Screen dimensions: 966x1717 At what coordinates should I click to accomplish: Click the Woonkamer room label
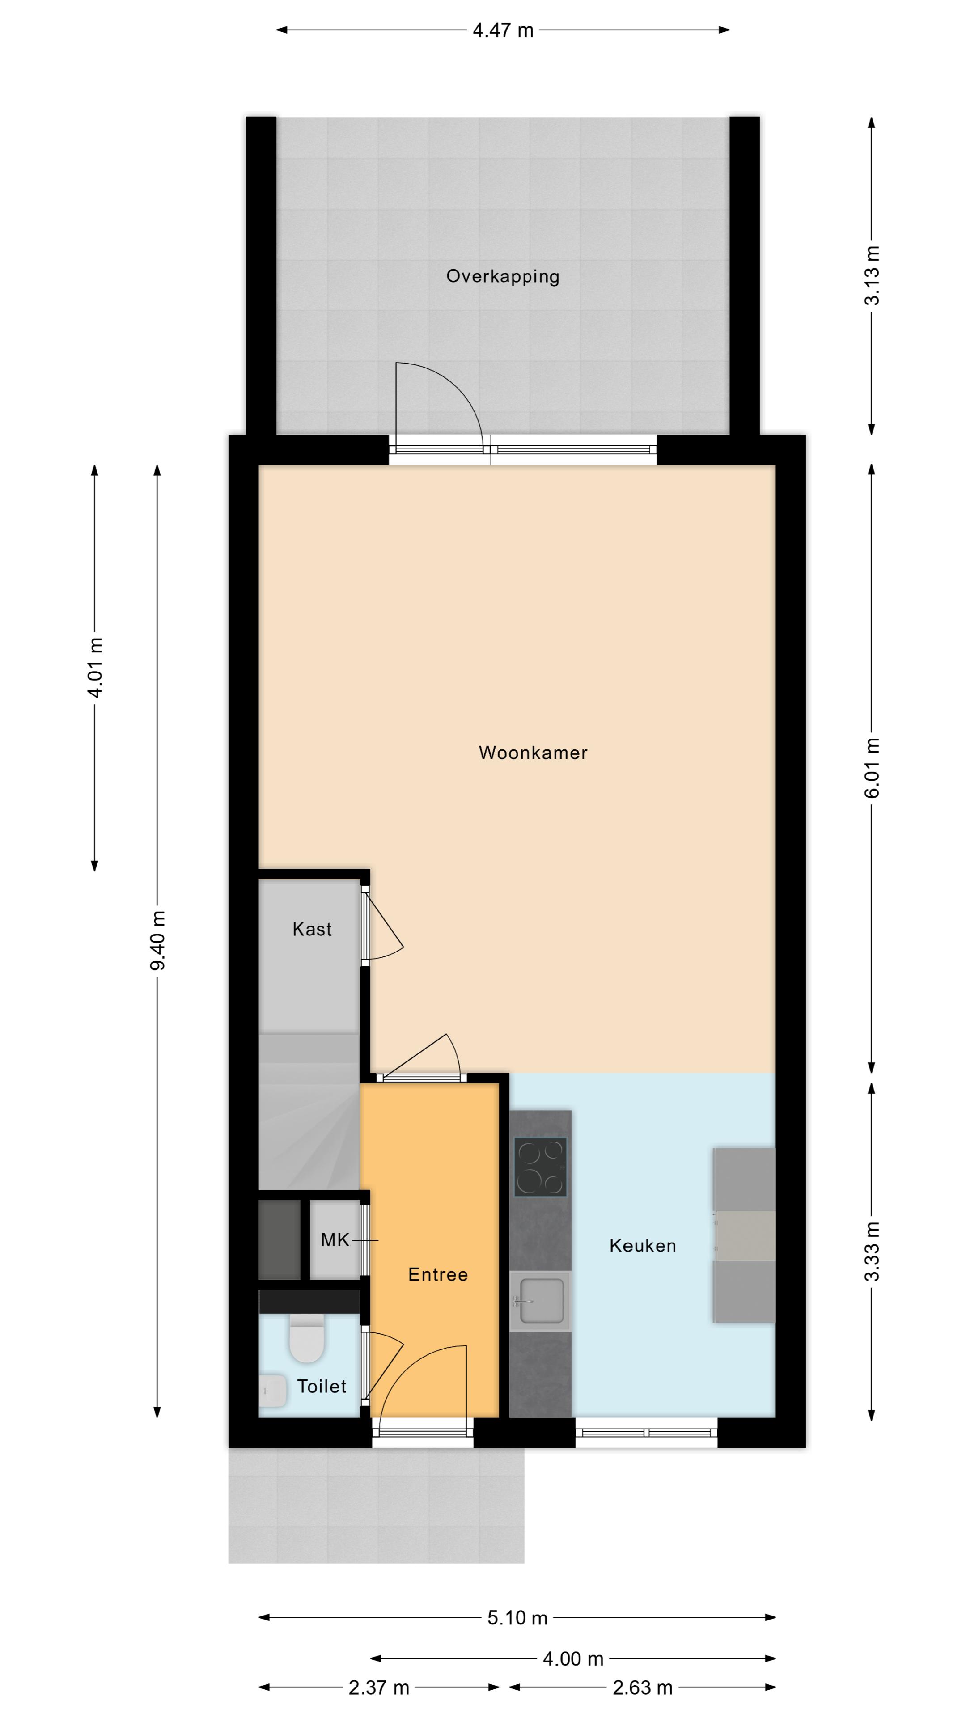pos(533,753)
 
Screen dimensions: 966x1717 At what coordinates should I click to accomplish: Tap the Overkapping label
pos(503,277)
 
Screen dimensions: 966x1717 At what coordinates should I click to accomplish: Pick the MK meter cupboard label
pos(335,1240)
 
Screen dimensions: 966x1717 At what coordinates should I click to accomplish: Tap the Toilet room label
pos(322,1387)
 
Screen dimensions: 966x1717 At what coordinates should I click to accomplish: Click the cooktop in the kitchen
pos(540,1167)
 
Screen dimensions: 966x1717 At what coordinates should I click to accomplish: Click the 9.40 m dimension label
pos(158,940)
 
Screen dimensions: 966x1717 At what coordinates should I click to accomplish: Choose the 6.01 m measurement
pos(872,768)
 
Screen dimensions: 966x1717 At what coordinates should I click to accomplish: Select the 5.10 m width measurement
pos(517,1618)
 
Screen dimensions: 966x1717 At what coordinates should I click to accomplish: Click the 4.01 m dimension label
pos(95,668)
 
